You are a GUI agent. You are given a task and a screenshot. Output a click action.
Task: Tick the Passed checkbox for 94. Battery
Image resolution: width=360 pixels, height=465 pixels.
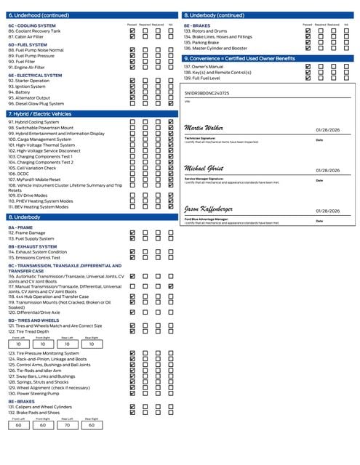coord(132,92)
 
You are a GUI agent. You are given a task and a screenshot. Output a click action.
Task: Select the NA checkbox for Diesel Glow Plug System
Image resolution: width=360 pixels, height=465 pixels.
coord(170,103)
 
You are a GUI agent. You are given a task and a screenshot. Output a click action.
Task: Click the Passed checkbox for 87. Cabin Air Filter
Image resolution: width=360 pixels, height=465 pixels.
coord(132,36)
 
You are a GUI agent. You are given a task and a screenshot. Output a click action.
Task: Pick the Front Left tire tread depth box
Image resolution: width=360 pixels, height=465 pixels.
coord(18,344)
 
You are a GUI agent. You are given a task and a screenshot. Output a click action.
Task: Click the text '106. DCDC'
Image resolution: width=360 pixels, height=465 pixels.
coord(20,174)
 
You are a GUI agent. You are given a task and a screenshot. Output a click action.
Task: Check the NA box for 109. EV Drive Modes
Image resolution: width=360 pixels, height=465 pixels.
coord(170,195)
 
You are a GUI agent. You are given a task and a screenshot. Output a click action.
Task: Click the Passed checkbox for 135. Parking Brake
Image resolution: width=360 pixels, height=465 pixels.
coord(308,43)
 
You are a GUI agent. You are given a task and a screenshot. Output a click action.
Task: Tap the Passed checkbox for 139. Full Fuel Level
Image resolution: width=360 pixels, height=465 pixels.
coord(308,78)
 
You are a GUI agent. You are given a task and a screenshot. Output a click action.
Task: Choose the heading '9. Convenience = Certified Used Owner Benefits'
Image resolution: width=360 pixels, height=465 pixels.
coord(239,58)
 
